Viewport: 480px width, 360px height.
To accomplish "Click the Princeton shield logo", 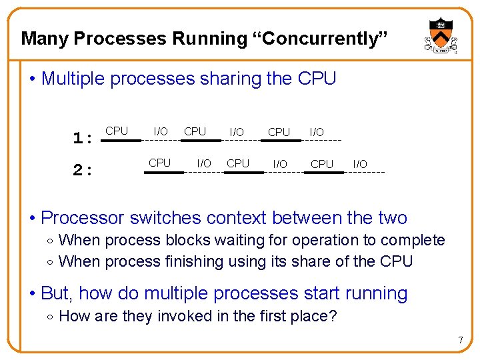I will tap(439, 34).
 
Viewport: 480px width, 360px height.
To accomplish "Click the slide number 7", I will tap(460, 341).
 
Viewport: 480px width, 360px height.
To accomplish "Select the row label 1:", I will tap(83, 138).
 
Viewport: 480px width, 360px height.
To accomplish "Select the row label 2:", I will tap(83, 170).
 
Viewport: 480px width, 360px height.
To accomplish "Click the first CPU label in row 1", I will tap(117, 131).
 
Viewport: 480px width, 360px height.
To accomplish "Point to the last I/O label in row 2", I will tap(359, 164).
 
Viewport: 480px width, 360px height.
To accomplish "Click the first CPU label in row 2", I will tap(159, 163).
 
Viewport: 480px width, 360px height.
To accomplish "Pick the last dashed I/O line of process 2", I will tap(364, 173).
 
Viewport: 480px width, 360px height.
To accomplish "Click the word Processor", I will tap(83, 218).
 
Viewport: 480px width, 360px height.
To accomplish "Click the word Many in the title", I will tap(45, 39).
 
